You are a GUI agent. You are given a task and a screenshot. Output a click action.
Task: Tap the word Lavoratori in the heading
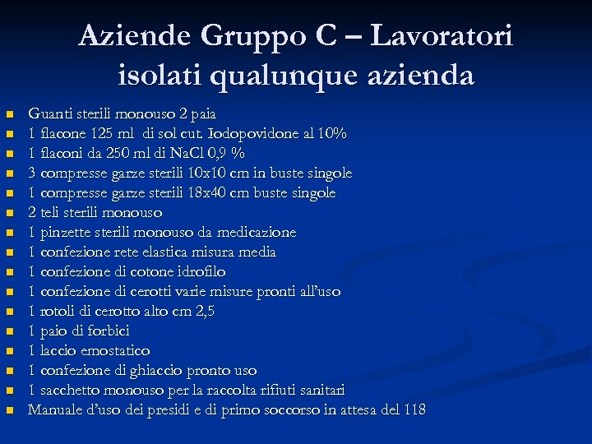pyautogui.click(x=442, y=36)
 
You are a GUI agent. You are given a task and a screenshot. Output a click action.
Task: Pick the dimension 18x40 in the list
pyautogui.click(x=231, y=192)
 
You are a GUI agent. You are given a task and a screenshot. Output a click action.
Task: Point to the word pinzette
pyautogui.click(x=65, y=232)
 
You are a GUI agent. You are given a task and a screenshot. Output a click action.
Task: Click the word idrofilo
pyautogui.click(x=197, y=271)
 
